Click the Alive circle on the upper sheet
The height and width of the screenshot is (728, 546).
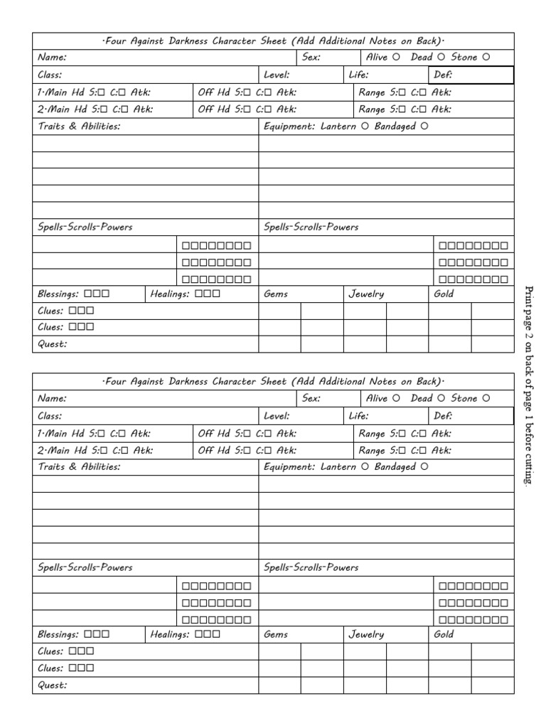pyautogui.click(x=396, y=58)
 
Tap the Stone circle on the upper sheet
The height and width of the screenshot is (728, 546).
pyautogui.click(x=486, y=58)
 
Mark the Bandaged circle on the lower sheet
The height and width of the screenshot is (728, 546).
pyautogui.click(x=424, y=467)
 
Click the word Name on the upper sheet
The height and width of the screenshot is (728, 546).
pyautogui.click(x=52, y=58)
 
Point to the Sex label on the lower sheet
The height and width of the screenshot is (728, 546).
pyautogui.click(x=311, y=398)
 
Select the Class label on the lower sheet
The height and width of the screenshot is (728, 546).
pyautogui.click(x=50, y=416)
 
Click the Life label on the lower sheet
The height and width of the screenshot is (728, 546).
pyautogui.click(x=358, y=416)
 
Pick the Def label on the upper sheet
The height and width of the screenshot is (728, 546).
pyautogui.click(x=443, y=75)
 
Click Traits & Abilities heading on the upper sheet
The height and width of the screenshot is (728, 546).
pyautogui.click(x=78, y=127)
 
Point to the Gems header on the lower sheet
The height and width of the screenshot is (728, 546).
pyautogui.click(x=276, y=634)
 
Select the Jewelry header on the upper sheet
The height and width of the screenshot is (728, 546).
pyautogui.click(x=366, y=294)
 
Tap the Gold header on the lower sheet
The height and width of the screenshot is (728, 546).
pyautogui.click(x=444, y=634)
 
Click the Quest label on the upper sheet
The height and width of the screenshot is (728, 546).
pyautogui.click(x=52, y=345)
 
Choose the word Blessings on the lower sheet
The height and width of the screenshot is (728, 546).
pyautogui.click(x=58, y=634)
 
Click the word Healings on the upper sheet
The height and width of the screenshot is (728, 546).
pyautogui.click(x=170, y=294)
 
